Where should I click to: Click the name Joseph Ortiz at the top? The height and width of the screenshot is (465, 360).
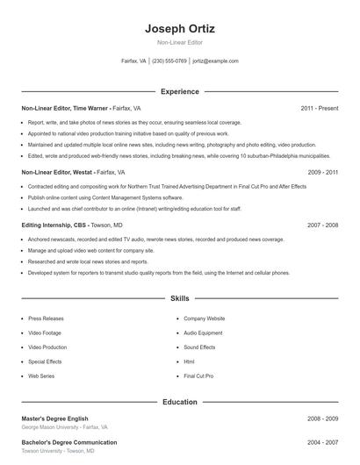pyautogui.click(x=179, y=28)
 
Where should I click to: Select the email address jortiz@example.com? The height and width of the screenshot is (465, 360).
pyautogui.click(x=215, y=61)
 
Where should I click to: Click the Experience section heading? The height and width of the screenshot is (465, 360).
pyautogui.click(x=179, y=91)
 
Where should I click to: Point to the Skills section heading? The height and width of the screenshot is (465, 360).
pyautogui.click(x=179, y=299)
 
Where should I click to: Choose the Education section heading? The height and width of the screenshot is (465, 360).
pyautogui.click(x=179, y=402)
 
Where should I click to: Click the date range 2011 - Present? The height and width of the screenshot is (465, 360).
pyautogui.click(x=319, y=108)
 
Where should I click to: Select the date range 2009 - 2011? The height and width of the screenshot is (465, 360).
pyautogui.click(x=322, y=173)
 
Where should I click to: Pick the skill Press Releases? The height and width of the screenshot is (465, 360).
pyautogui.click(x=45, y=318)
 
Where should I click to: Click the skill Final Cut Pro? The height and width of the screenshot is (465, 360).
pyautogui.click(x=198, y=376)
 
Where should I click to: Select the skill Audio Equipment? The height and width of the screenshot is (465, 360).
pyautogui.click(x=203, y=333)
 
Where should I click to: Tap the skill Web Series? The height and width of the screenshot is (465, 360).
pyautogui.click(x=41, y=376)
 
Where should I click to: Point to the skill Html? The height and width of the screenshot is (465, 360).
pyautogui.click(x=189, y=361)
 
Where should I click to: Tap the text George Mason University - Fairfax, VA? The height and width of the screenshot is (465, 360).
pyautogui.click(x=64, y=427)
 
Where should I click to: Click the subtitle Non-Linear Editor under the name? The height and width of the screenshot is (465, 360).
pyautogui.click(x=179, y=43)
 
